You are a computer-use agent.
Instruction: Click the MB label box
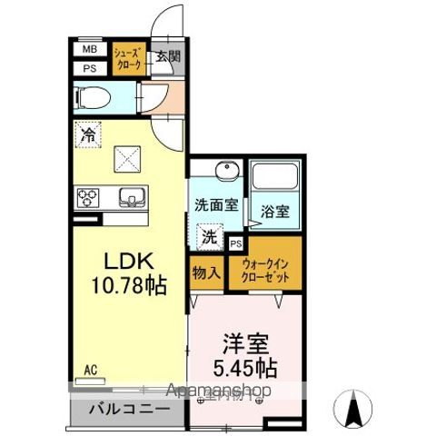90,50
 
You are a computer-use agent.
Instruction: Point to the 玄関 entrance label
167,56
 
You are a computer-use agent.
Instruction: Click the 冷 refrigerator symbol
88,134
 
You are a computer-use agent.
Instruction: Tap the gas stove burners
90,195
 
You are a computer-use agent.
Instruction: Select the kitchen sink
132,194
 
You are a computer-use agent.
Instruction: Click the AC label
90,370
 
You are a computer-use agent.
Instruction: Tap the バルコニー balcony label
128,410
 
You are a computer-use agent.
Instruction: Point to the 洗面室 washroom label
216,204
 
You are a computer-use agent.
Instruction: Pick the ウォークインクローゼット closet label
266,271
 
